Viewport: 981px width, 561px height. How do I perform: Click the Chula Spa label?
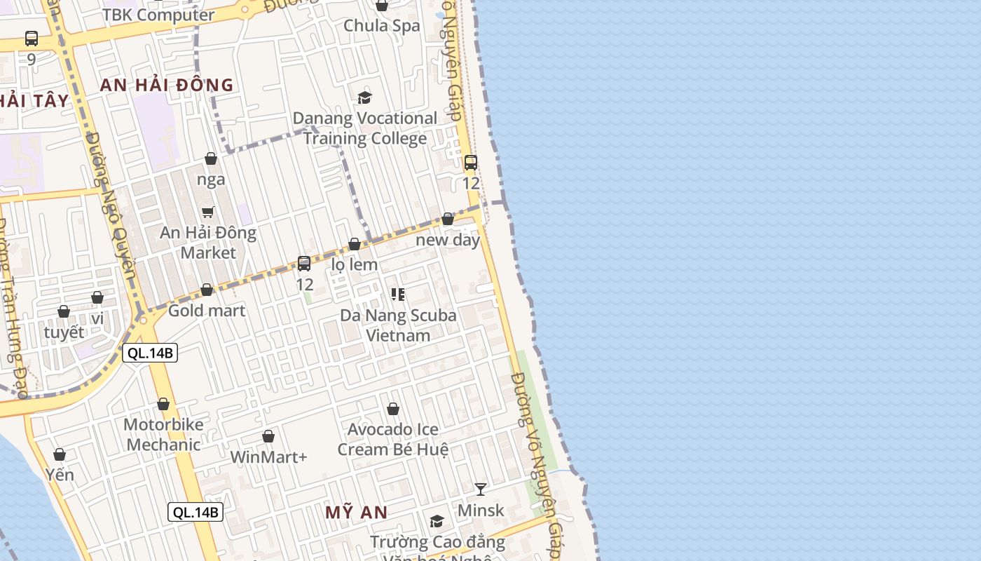[x=382, y=26]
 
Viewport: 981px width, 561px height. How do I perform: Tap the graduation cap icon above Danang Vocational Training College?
[x=364, y=97]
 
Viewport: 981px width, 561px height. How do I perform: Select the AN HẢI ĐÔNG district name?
[x=167, y=86]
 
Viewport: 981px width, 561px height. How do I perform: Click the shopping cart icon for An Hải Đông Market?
[x=207, y=212]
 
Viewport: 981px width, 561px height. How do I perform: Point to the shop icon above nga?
[x=211, y=159]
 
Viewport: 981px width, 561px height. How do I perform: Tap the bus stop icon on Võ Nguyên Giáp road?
[x=471, y=163]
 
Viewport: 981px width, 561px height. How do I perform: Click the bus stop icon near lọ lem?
[x=304, y=264]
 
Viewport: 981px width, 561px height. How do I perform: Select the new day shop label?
[x=448, y=240]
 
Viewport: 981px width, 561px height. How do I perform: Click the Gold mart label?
[x=207, y=311]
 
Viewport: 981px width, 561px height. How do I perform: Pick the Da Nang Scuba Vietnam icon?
[x=398, y=295]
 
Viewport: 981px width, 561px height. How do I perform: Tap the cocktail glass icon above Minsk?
[x=481, y=489]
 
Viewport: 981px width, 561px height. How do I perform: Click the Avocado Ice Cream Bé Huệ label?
[x=393, y=439]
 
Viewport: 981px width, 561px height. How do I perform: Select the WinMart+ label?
[x=268, y=457]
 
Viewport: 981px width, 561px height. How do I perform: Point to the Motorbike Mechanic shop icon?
[x=163, y=405]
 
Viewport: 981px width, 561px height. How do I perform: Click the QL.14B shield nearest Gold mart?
[x=150, y=353]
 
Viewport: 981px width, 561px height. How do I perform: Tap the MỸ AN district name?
[x=356, y=513]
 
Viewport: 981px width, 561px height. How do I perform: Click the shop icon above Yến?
[x=60, y=455]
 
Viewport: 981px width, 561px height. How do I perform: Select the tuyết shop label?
[x=64, y=332]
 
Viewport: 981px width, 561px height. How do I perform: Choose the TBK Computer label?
[x=158, y=15]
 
